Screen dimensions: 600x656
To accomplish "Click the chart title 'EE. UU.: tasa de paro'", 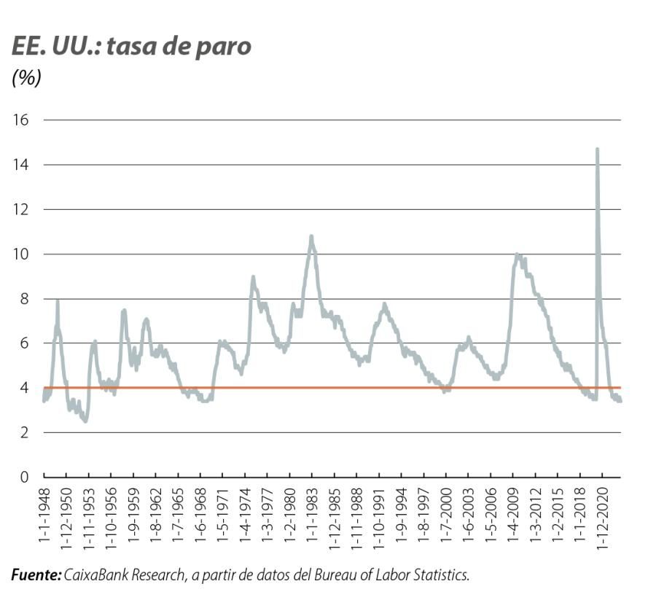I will click(x=131, y=46).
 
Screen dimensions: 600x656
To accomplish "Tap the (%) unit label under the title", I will click(x=26, y=78).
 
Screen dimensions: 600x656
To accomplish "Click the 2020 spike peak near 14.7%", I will click(x=597, y=149).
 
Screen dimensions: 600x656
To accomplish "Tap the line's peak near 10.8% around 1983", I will click(x=311, y=236).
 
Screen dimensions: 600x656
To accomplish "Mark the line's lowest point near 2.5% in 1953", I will click(x=86, y=421).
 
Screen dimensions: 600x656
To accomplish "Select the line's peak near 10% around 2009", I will click(x=517, y=254).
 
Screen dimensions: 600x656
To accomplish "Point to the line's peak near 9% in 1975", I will click(x=253, y=277).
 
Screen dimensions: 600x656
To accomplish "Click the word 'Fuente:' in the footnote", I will click(x=36, y=576).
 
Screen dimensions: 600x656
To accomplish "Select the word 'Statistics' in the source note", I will click(x=441, y=576).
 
